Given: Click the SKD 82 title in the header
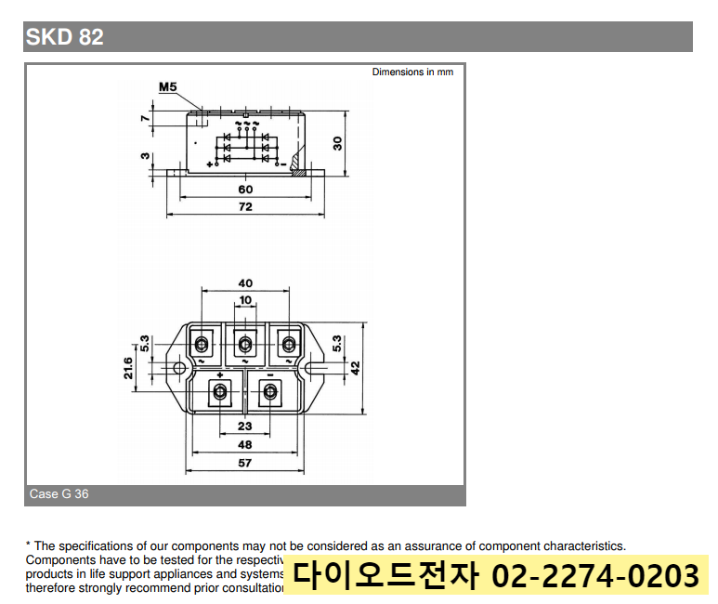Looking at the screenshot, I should [x=64, y=37].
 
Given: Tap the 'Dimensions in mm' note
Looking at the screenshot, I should [x=412, y=72].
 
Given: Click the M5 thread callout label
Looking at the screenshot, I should [x=167, y=87].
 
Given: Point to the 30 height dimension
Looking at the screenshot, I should [x=338, y=142].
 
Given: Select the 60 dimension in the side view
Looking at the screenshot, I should [x=245, y=190].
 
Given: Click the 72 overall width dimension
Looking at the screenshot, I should [x=245, y=207].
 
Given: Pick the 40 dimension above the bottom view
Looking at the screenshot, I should [x=245, y=283].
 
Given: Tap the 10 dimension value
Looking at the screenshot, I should [x=245, y=300].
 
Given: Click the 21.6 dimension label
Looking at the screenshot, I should [x=128, y=368].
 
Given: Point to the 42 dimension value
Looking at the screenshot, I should [x=355, y=368].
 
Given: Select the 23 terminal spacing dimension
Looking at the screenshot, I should [x=245, y=427].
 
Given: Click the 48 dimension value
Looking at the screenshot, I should [x=245, y=444].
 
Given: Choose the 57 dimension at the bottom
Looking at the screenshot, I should [x=245, y=462].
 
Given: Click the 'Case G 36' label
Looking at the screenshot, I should [x=59, y=494].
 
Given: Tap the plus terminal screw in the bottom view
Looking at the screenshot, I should [x=220, y=393].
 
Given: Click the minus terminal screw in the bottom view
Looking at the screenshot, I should [x=270, y=393].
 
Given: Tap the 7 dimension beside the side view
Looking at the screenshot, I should [x=145, y=118].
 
